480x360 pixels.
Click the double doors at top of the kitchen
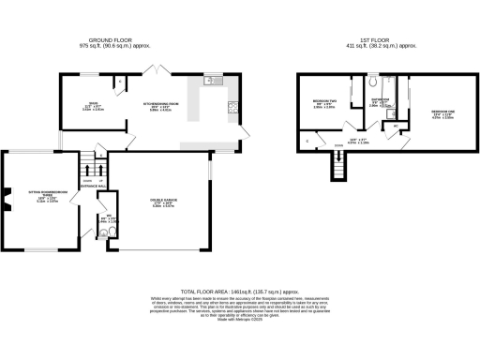155,69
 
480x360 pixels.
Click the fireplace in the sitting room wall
6,199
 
